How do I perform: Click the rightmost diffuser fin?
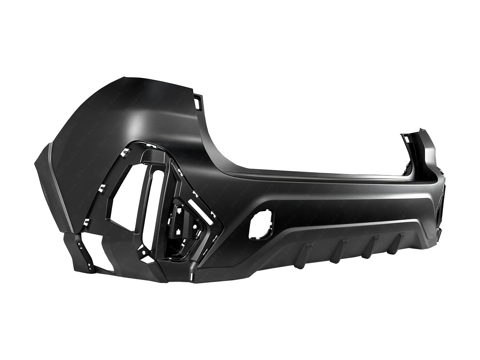(x=401, y=237)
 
